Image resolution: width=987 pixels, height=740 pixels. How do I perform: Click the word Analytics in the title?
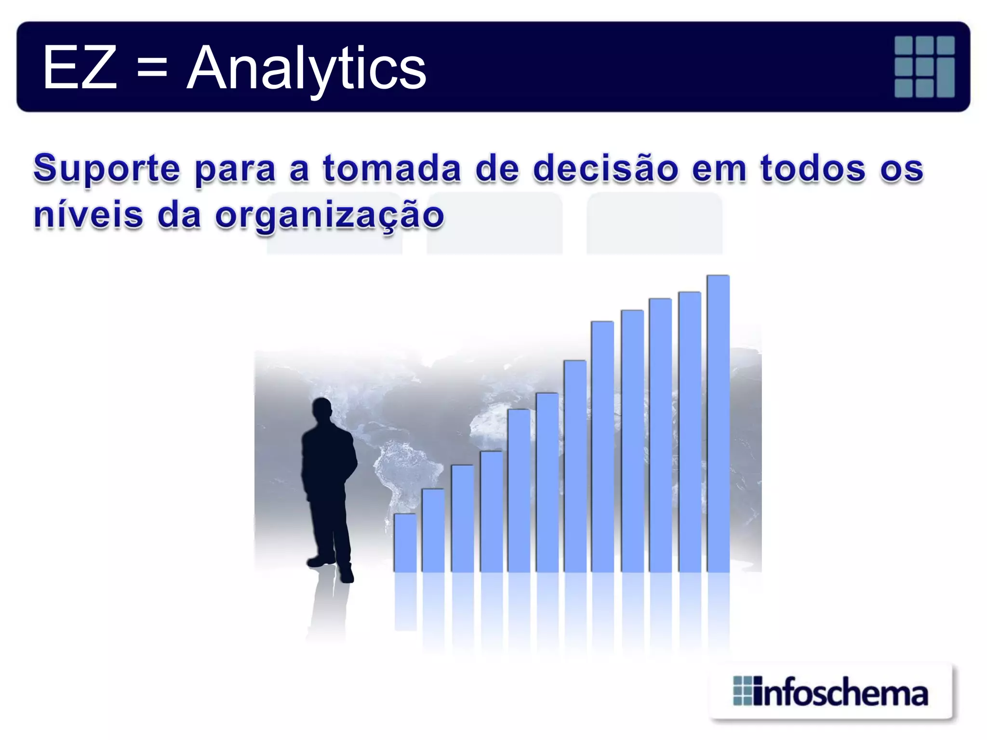307,68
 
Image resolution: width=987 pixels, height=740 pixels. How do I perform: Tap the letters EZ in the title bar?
80,67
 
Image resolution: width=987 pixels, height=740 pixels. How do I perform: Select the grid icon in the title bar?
924,66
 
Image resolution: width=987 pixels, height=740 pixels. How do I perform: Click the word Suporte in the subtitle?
107,169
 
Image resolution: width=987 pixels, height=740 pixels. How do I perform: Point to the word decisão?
605,169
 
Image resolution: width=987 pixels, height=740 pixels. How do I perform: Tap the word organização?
329,215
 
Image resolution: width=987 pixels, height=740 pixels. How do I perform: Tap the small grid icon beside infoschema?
742,691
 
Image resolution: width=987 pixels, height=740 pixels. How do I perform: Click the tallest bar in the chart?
718,424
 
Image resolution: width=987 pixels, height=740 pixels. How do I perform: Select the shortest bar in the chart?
405,543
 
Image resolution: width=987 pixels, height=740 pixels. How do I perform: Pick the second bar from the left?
433,530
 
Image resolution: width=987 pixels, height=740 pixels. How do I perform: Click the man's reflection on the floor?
328,607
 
